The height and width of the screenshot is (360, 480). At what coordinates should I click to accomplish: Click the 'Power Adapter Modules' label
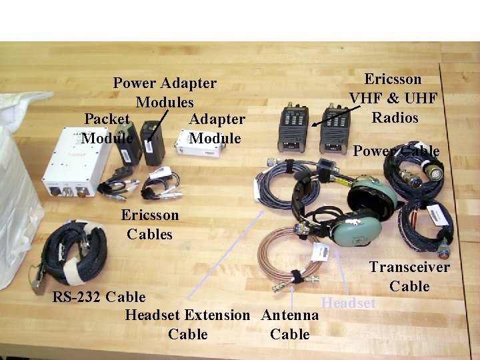click(165, 93)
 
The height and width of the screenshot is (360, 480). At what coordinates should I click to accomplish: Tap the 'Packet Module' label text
click(107, 128)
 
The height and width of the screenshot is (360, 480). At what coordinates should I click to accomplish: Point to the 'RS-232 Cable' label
click(99, 296)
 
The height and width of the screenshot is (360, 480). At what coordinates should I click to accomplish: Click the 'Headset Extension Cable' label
click(187, 324)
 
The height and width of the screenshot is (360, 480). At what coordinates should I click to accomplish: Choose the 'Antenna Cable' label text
click(289, 324)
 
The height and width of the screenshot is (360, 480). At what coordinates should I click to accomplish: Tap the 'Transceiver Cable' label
click(409, 277)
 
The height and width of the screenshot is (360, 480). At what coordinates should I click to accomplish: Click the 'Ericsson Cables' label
click(150, 225)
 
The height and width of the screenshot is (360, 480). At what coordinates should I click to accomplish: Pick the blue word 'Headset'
click(349, 303)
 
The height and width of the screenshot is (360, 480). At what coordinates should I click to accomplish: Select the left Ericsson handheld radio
click(293, 128)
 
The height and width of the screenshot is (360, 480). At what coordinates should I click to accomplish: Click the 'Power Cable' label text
click(396, 151)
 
